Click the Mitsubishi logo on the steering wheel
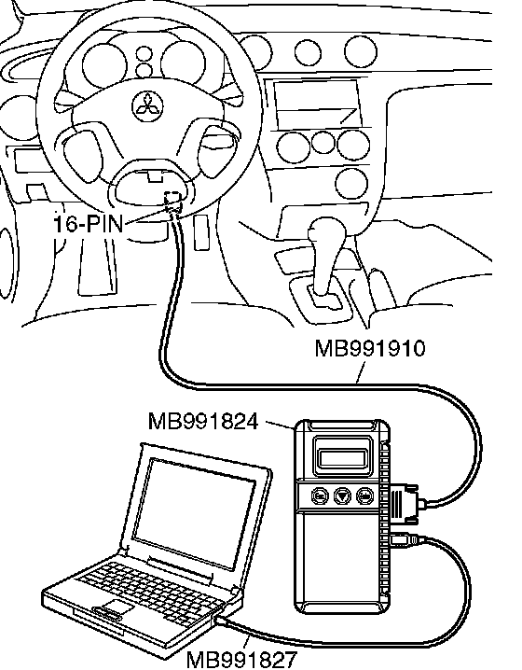(148, 105)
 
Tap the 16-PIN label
(89, 223)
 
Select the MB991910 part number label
(370, 348)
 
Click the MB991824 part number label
(203, 421)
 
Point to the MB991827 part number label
(241, 660)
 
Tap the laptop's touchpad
(116, 606)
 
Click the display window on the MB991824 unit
(341, 459)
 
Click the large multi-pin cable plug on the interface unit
(404, 504)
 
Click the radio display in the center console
(317, 104)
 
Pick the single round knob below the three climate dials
(351, 184)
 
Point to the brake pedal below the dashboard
(97, 266)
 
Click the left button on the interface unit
(320, 496)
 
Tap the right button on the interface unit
(364, 496)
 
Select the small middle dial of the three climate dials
(323, 142)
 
